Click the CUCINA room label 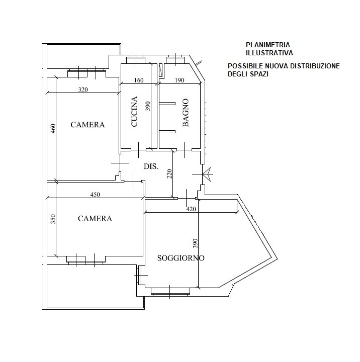coord(134,112)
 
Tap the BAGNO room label coord(186,113)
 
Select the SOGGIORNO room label coord(181,258)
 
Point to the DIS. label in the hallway coord(151,166)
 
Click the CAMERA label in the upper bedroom coord(87,125)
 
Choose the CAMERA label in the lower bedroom coord(95,218)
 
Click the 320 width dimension coord(83,89)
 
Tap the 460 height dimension coord(53,129)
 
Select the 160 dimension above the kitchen coord(139,80)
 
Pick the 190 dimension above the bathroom coord(179,80)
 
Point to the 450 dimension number coord(95,195)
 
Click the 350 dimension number coord(53,219)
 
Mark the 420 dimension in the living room coord(191,209)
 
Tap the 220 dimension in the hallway coord(169,174)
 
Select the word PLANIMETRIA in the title coord(268,45)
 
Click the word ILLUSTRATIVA coord(269,53)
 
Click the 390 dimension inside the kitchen coord(148,106)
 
